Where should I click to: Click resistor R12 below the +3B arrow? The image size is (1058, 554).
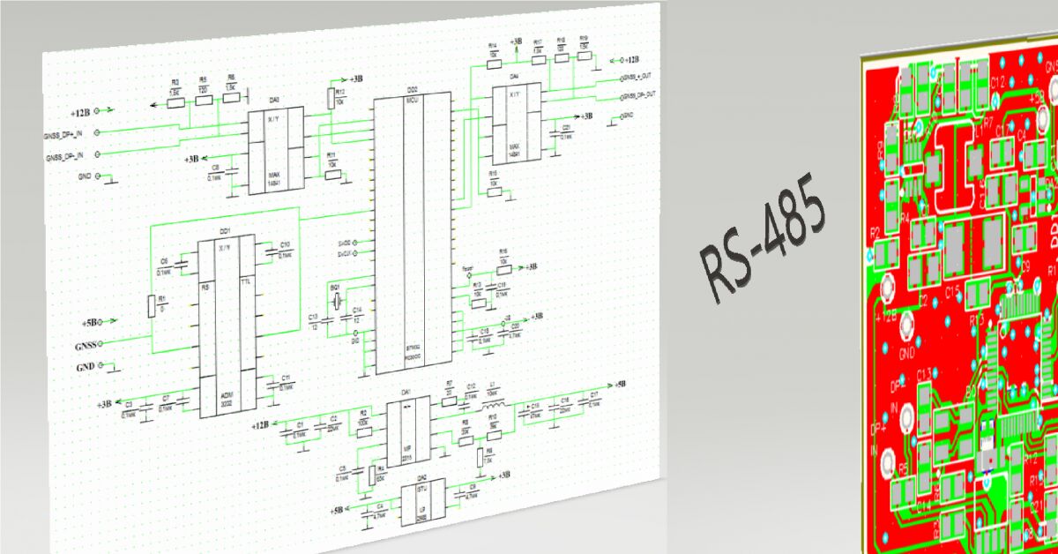pos(332,98)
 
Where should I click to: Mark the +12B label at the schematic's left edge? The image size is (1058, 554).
pos(80,112)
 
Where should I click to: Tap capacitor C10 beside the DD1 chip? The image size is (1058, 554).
pos(285,251)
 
